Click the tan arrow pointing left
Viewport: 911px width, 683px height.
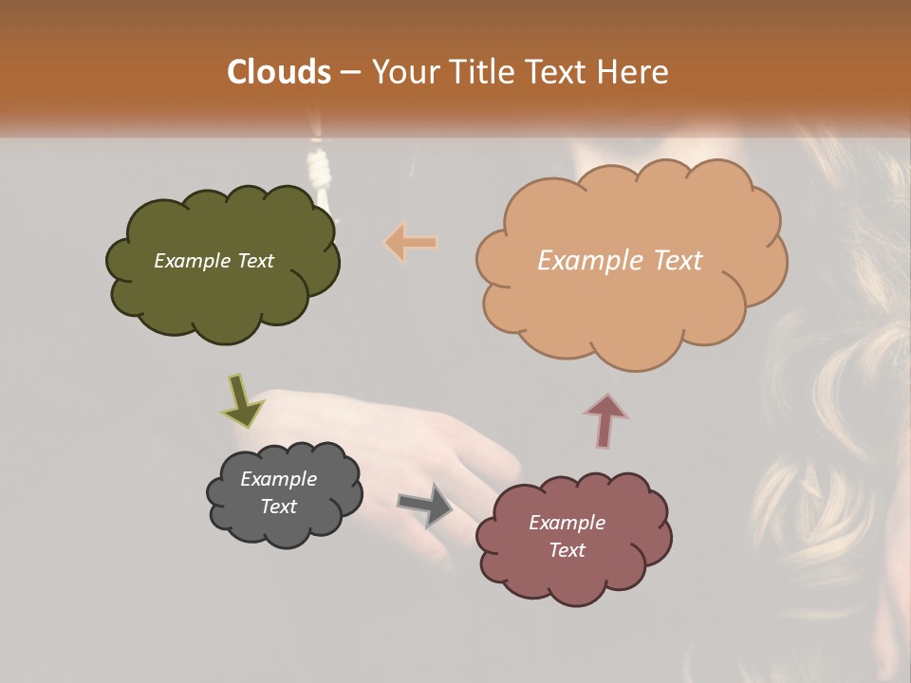pyautogui.click(x=411, y=243)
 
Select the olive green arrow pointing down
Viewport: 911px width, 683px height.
pyautogui.click(x=242, y=401)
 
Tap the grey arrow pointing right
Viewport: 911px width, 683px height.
pyautogui.click(x=425, y=505)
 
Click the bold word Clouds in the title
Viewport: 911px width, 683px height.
pyautogui.click(x=279, y=72)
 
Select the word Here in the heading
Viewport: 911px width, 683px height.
pyautogui.click(x=635, y=72)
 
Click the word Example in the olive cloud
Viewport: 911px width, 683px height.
pyautogui.click(x=186, y=261)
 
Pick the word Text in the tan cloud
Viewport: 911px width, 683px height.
pyautogui.click(x=672, y=261)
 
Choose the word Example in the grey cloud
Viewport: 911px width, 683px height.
pyautogui.click(x=278, y=479)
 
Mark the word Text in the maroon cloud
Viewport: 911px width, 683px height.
pyautogui.click(x=567, y=550)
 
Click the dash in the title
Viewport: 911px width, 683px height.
pyautogui.click(x=350, y=72)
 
